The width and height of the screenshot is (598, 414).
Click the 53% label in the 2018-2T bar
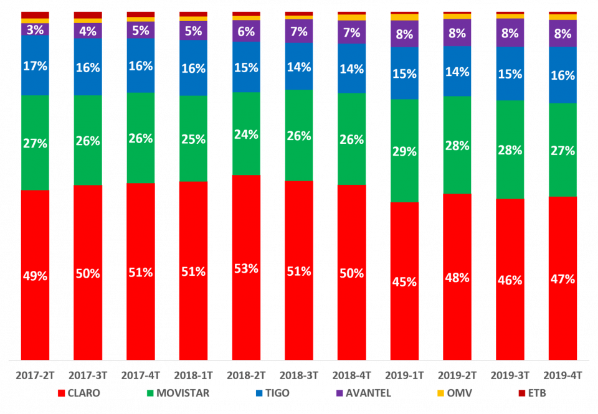(246, 268)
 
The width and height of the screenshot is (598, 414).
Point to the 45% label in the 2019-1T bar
(404, 281)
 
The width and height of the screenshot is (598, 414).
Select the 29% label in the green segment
(404, 151)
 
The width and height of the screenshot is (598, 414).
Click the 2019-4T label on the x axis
(562, 375)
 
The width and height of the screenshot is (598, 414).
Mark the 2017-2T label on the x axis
(35, 375)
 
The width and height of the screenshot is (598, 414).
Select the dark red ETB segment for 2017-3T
(88, 15)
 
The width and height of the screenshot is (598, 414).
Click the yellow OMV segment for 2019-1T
(404, 17)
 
